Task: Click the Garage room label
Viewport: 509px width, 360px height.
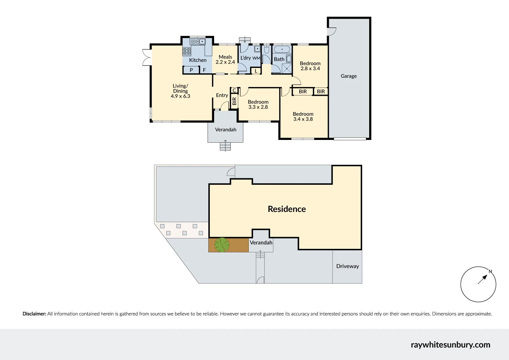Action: (348, 76)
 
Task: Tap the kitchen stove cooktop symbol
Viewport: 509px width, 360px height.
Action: (187, 51)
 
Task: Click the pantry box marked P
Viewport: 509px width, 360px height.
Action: (191, 70)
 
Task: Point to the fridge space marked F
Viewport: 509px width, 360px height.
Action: (204, 70)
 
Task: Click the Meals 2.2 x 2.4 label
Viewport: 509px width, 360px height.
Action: (225, 59)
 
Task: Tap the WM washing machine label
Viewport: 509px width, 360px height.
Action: (256, 58)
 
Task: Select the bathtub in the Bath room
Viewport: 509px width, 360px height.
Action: (282, 49)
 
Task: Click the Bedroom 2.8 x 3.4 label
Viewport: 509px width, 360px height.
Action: (310, 66)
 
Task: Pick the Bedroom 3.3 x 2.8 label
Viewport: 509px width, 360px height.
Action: (258, 104)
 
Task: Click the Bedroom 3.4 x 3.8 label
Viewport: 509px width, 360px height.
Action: (303, 116)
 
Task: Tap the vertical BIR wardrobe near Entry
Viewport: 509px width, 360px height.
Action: (234, 101)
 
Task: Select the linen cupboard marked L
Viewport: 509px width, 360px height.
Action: (256, 71)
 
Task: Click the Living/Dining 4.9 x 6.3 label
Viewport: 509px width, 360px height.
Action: (181, 91)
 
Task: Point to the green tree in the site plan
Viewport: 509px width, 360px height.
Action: (222, 245)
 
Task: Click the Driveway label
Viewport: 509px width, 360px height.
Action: (347, 266)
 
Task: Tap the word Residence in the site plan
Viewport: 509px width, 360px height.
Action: (287, 209)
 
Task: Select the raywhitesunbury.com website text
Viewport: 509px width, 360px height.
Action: (450, 345)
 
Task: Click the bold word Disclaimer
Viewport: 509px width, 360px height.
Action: (34, 314)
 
